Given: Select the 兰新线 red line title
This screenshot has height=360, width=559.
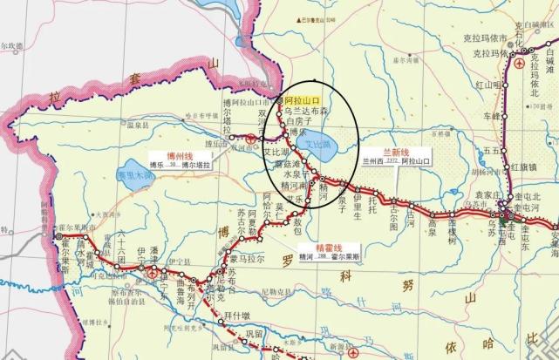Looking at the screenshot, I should pyautogui.click(x=383, y=151).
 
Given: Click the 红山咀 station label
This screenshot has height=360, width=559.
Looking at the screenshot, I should pyautogui.click(x=487, y=85).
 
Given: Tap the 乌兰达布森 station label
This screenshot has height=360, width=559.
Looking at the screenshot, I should pyautogui.click(x=305, y=112).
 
